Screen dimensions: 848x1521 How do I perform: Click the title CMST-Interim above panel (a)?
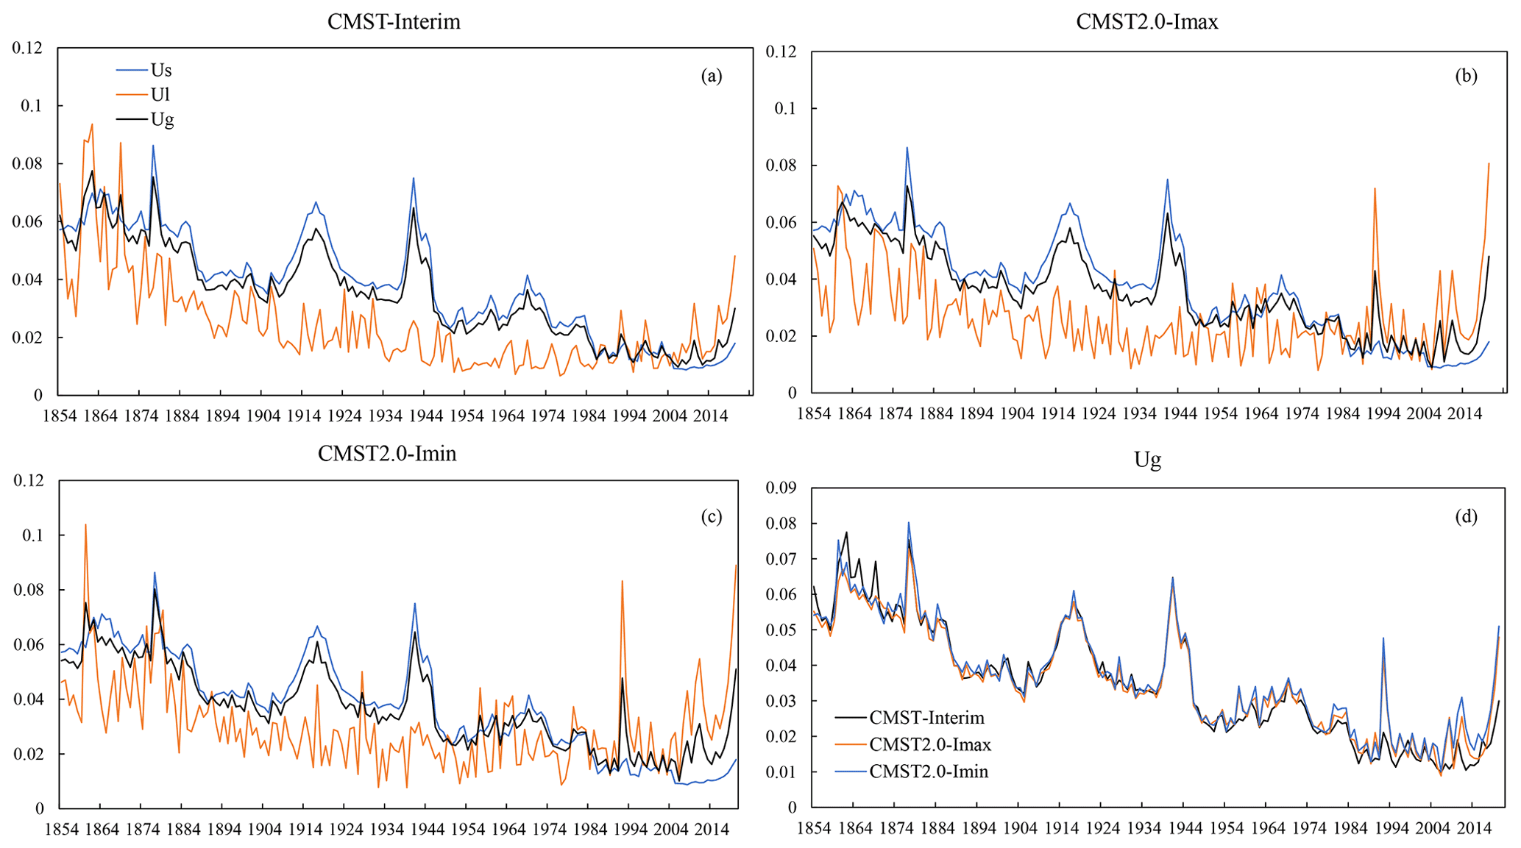[x=394, y=22]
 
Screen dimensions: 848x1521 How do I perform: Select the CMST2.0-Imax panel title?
[x=1146, y=22]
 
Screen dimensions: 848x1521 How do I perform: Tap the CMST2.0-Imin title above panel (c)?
[x=387, y=454]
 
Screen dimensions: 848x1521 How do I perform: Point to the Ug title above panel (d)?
[x=1147, y=460]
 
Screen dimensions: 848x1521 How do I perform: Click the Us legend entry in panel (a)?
[x=160, y=71]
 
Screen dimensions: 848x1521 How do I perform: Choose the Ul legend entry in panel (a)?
[x=160, y=95]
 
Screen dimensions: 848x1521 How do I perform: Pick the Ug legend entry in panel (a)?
[x=162, y=119]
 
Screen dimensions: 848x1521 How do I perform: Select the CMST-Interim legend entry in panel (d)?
[x=926, y=718]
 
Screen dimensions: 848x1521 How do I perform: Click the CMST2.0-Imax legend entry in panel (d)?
[x=930, y=745]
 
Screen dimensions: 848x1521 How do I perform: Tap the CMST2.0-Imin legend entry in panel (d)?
[x=929, y=772]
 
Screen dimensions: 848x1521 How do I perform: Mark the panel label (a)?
[x=712, y=76]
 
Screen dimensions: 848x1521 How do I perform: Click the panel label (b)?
[x=1466, y=76]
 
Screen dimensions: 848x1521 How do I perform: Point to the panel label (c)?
[x=712, y=517]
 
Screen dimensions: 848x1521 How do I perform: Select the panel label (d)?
[x=1466, y=517]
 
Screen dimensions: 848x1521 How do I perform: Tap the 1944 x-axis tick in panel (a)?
[x=426, y=416]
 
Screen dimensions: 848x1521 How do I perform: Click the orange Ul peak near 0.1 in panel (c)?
[x=85, y=525]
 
